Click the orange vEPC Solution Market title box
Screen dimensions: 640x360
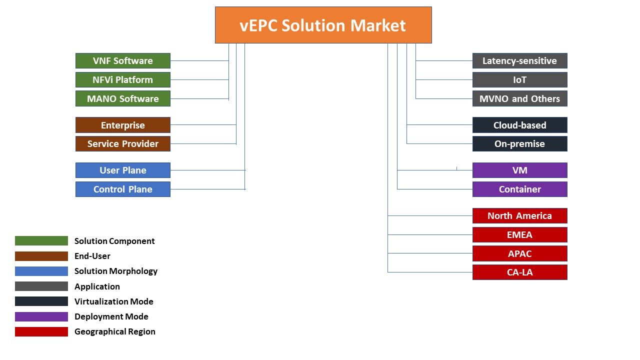coord(323,25)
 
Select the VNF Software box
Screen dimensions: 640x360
coord(123,60)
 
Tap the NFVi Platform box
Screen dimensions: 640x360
coord(123,79)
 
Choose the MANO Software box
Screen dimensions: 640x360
coord(123,98)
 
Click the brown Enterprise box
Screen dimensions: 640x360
coord(123,125)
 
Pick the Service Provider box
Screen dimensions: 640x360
coord(123,143)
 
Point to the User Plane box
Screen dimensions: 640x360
coord(123,170)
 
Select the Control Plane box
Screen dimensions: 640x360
coord(123,189)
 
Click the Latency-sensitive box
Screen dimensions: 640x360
coord(519,60)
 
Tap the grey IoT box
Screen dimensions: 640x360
coord(519,79)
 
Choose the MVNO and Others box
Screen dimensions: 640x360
coord(519,98)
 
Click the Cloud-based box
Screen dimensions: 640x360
coord(519,125)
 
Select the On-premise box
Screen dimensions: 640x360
coord(519,143)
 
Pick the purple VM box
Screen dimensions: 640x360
coord(519,170)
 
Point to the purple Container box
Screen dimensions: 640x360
coord(519,189)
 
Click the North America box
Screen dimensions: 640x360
coord(519,215)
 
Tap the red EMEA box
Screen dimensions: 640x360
coord(519,235)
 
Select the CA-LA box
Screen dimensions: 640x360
coord(519,272)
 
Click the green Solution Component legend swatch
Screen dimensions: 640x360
coord(41,241)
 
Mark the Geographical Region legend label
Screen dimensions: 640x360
coord(115,331)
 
